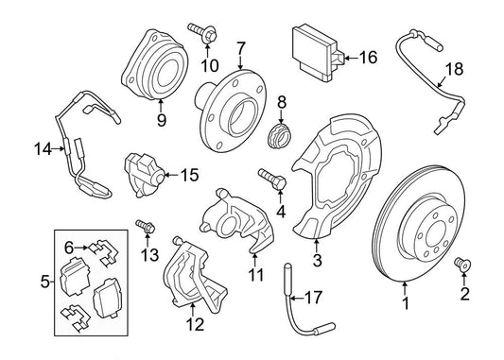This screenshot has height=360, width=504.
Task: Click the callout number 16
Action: [x=368, y=58]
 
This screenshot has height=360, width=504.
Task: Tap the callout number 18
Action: [x=455, y=69]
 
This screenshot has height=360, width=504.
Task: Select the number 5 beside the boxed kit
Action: [x=45, y=282]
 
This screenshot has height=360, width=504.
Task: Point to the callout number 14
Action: [x=43, y=149]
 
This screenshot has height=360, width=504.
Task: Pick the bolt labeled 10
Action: [x=202, y=32]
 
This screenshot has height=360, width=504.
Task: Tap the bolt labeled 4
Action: [x=273, y=180]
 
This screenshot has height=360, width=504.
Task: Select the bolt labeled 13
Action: [x=146, y=226]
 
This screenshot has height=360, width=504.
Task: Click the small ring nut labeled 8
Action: [x=279, y=137]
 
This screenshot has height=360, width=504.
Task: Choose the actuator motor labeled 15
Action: [x=144, y=176]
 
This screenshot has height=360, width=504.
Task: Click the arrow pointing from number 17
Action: [x=297, y=299]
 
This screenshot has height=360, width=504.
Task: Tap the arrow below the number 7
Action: [x=241, y=62]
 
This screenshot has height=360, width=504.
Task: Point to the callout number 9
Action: [x=162, y=120]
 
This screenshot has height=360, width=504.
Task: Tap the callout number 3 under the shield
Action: [x=317, y=261]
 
